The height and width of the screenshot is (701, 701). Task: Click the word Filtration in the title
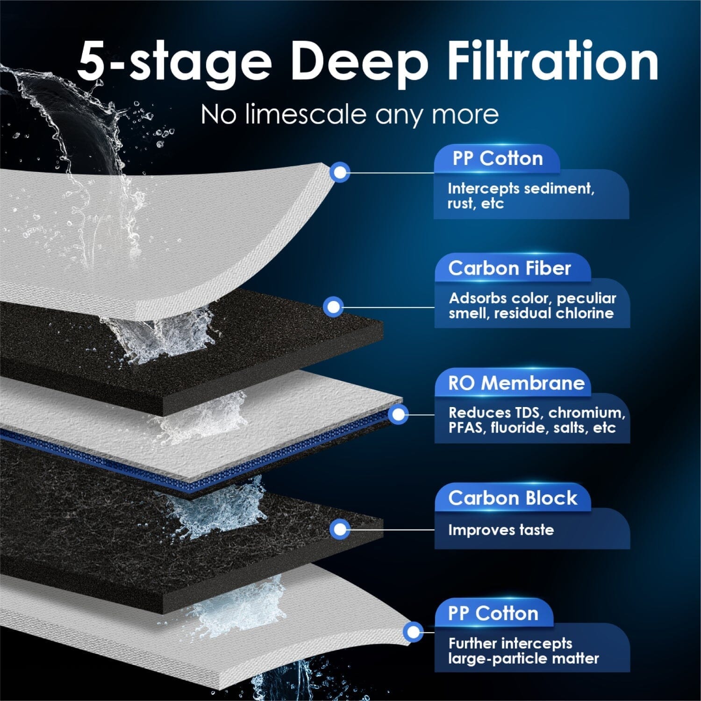pos(552,62)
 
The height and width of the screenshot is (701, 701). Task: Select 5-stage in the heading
pos(174,63)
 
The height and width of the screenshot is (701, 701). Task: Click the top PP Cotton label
pos(497,158)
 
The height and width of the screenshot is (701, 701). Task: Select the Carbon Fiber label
pos(509,268)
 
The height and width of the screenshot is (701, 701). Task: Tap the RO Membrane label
pos(516,383)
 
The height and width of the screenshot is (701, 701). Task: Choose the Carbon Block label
pos(513,498)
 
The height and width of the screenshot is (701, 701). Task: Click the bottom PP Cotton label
pos(493,613)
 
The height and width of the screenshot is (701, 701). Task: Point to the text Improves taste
pos(501,530)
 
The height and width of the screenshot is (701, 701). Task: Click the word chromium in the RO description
pos(586,413)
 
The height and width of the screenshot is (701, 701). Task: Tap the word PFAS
pos(465,428)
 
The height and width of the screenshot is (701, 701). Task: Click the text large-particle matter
pos(523,658)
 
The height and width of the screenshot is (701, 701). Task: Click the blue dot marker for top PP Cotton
pos(340,172)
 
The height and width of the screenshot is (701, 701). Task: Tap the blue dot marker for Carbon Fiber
pos(333,307)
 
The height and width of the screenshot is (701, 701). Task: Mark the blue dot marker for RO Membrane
pos(398,414)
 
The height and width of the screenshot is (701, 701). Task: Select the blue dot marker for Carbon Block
pos(340,529)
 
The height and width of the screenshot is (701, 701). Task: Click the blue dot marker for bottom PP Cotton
pos(413,632)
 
